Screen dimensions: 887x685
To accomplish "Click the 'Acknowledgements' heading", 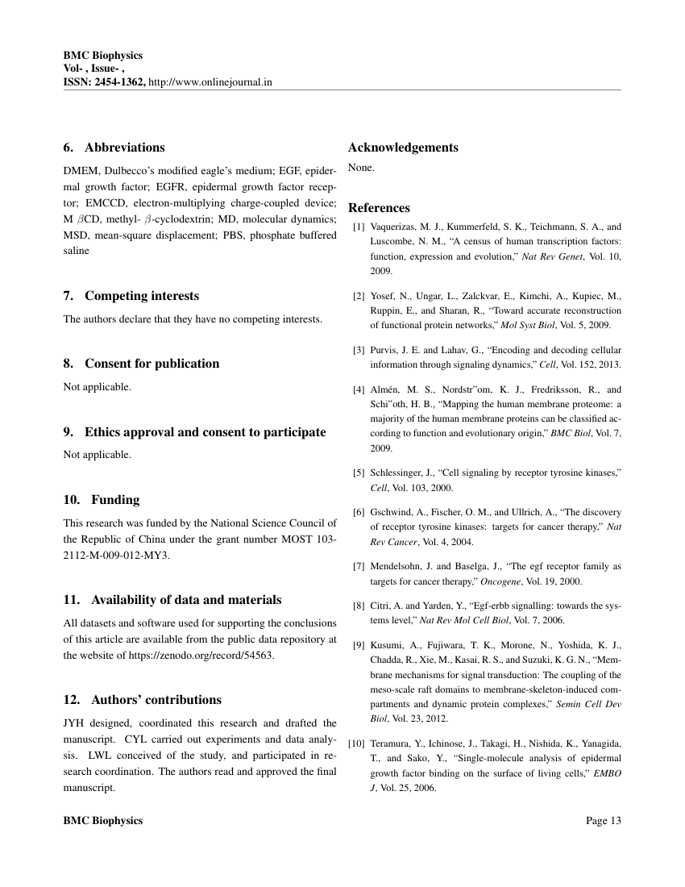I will click(x=403, y=148).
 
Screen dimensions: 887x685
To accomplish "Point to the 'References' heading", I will click(x=379, y=208).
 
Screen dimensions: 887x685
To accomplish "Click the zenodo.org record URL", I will click(x=201, y=655).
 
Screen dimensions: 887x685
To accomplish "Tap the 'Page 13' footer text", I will click(x=604, y=821).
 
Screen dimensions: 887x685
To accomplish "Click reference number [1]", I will click(x=359, y=227).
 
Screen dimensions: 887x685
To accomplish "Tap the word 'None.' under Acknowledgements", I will click(x=361, y=169).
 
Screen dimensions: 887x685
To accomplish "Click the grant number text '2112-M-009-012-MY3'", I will click(x=117, y=555).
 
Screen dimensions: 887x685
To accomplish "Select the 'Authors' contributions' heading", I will click(x=142, y=700).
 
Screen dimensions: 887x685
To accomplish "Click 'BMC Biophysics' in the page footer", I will click(x=102, y=821).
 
